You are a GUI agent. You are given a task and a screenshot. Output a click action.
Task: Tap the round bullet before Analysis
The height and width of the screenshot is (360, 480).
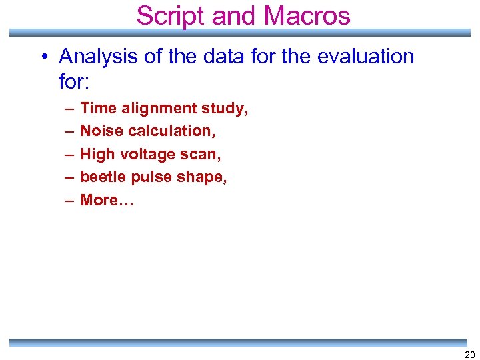[42, 57]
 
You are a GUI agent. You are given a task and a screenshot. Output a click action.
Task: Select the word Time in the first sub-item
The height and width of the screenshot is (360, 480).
[98, 109]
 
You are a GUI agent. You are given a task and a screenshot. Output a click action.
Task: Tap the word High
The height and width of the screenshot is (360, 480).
[98, 155]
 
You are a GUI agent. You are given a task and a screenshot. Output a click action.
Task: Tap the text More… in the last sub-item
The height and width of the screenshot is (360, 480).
[107, 200]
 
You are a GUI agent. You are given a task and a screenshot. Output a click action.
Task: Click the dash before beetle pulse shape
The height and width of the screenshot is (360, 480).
[70, 177]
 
